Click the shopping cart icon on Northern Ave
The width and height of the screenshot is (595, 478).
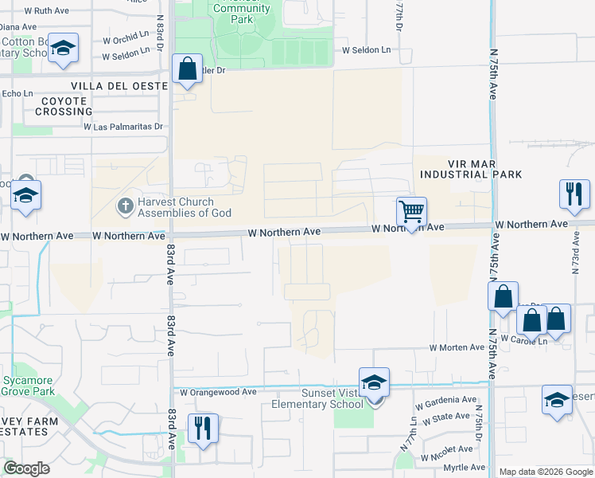click(x=411, y=212)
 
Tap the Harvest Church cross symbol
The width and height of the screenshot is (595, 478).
click(x=124, y=207)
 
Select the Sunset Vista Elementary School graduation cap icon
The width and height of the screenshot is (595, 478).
click(x=374, y=382)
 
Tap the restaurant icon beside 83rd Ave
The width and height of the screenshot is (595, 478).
click(x=203, y=429)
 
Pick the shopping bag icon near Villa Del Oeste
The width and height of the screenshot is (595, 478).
click(x=187, y=69)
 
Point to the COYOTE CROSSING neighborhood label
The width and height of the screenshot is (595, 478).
click(x=64, y=107)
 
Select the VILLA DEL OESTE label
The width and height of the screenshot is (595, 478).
click(x=119, y=86)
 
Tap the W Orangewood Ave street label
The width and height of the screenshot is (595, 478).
click(x=218, y=392)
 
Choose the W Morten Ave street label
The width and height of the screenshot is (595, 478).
click(x=457, y=347)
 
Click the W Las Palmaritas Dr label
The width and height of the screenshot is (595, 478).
click(x=123, y=126)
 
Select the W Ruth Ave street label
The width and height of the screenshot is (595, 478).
click(x=48, y=11)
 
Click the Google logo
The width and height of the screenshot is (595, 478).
click(x=26, y=468)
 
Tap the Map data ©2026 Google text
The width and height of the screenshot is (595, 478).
click(x=546, y=472)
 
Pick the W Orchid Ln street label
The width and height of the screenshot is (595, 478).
click(x=126, y=38)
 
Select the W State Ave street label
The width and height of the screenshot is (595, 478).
click(x=451, y=416)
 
